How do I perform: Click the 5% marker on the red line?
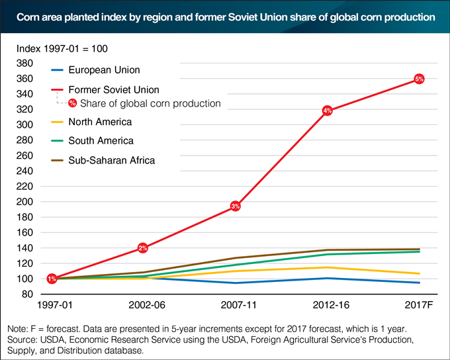click(x=419, y=79)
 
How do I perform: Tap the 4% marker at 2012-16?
click(x=327, y=111)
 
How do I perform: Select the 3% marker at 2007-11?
click(x=236, y=206)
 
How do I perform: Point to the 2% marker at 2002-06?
click(x=143, y=247)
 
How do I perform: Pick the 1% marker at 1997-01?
click(x=52, y=279)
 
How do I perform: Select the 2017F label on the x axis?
click(x=418, y=307)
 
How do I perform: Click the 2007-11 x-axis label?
click(x=235, y=307)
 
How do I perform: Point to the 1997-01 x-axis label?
click(x=52, y=307)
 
